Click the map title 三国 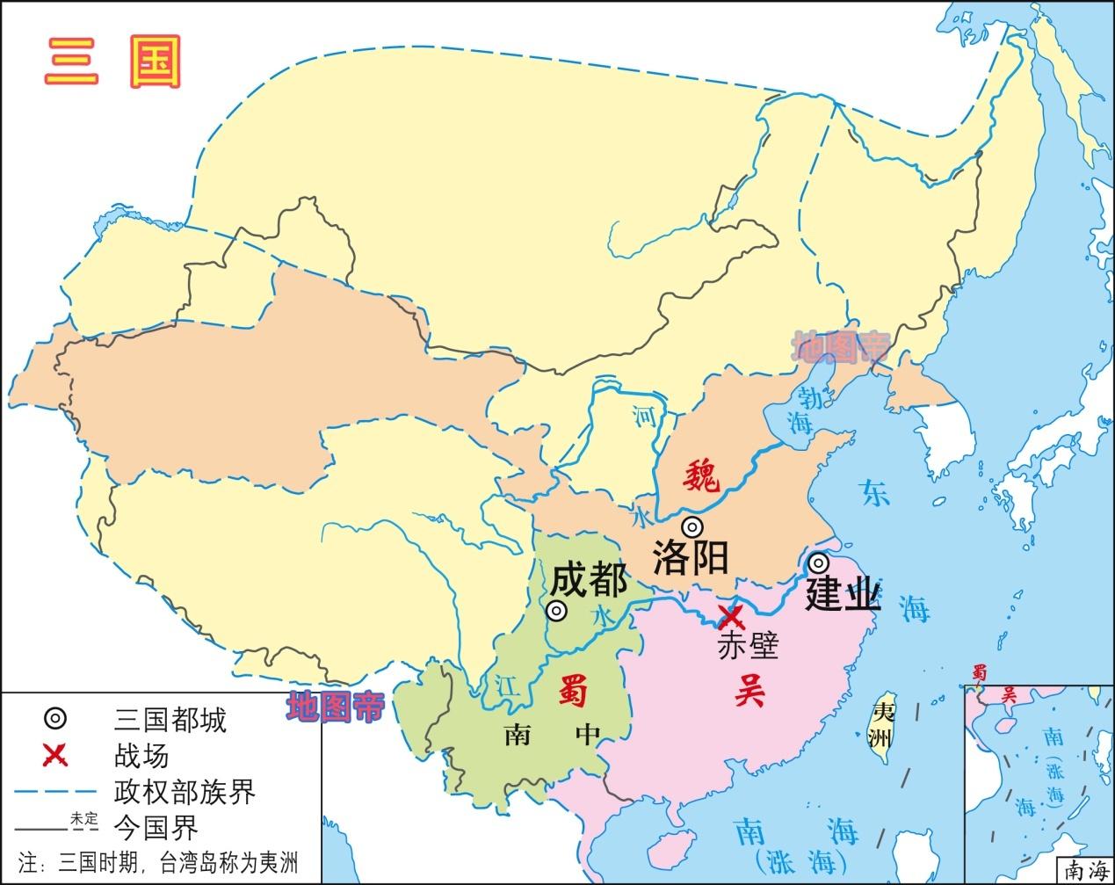click(112, 61)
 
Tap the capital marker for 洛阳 click(693, 527)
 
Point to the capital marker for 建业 click(818, 562)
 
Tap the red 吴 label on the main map click(749, 692)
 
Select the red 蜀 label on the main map click(573, 693)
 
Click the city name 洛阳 click(691, 558)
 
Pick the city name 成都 click(589, 580)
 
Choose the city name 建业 click(843, 595)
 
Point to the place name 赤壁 click(748, 646)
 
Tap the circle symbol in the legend click(54, 719)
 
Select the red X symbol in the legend click(54, 755)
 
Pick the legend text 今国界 click(156, 827)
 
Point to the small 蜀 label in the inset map click(979, 673)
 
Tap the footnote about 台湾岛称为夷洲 click(158, 861)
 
